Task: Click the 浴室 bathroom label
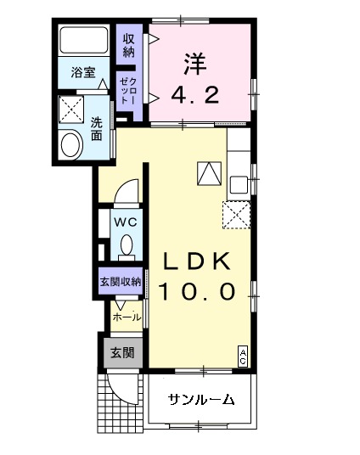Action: [x=83, y=74]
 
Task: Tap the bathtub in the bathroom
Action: [x=83, y=40]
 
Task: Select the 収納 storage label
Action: [x=128, y=45]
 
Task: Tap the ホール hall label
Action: [x=127, y=317]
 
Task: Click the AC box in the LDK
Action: [x=243, y=356]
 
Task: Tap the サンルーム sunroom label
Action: [x=200, y=401]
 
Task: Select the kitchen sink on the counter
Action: [x=239, y=183]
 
